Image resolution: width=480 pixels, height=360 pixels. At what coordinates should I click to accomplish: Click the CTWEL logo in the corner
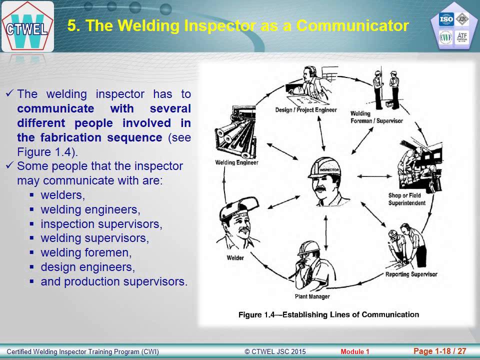click(27, 26)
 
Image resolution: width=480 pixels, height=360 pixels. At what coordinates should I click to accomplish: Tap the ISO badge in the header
click(446, 19)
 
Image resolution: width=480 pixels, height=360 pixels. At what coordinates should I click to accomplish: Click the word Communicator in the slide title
click(352, 25)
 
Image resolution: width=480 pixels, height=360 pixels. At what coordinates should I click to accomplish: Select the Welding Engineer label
click(236, 162)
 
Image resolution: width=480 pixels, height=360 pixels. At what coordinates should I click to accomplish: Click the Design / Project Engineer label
click(306, 110)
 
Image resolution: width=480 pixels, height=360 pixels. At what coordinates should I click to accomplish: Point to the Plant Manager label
click(312, 296)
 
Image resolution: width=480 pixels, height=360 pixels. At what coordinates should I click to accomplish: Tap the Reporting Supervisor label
click(411, 274)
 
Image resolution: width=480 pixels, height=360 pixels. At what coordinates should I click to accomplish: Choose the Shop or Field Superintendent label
click(407, 199)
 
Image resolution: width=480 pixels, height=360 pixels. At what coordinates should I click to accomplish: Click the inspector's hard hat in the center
click(324, 168)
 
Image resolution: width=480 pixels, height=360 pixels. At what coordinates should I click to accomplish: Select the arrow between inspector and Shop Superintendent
click(374, 176)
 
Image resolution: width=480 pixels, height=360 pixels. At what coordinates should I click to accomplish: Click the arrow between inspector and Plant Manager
click(325, 232)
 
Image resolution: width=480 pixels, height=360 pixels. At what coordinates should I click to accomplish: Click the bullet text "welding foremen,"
click(86, 252)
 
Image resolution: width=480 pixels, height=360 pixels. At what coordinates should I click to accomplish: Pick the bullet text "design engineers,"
click(87, 267)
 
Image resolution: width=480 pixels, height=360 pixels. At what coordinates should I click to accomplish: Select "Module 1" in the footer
click(355, 351)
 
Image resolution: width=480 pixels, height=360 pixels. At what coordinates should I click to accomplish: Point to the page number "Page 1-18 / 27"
click(439, 351)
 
